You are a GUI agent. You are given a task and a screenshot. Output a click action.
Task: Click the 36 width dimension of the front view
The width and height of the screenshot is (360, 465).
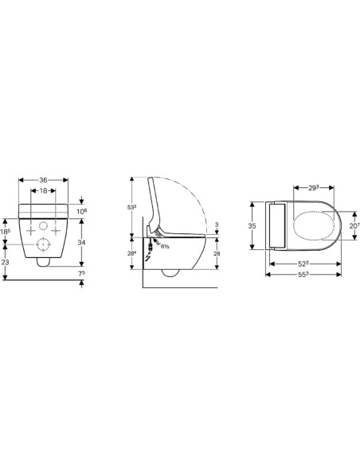pos(48,181)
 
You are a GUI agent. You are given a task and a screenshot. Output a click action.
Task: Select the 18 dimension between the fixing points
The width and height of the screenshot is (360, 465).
pos(48,192)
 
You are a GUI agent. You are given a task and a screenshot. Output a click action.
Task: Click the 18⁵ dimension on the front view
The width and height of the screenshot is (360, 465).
pos(6,232)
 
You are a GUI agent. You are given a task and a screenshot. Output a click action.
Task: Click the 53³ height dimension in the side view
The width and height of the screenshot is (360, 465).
pos(132,207)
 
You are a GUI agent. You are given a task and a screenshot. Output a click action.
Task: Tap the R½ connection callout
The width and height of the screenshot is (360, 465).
pos(166,248)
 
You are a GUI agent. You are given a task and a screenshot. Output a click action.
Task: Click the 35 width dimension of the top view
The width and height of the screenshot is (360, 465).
pos(253,226)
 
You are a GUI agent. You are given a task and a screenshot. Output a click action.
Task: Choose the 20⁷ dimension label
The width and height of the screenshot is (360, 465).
pos(353,227)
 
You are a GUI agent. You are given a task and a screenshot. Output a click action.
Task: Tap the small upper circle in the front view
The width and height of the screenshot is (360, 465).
pos(35,229)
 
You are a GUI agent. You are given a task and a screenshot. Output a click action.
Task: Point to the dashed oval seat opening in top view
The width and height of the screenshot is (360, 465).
pos(312,226)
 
